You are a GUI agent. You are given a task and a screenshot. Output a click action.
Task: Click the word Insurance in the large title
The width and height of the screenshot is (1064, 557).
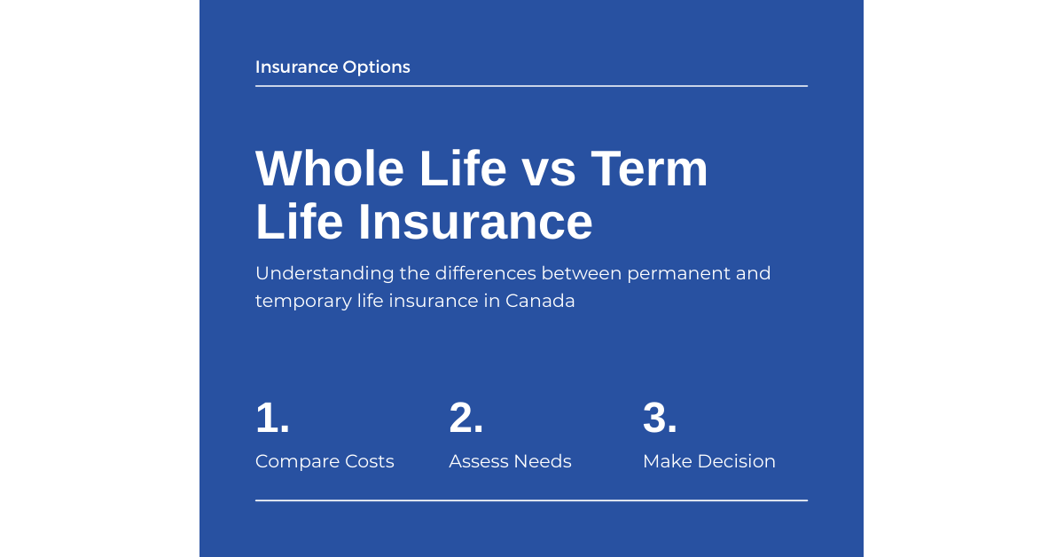click(475, 222)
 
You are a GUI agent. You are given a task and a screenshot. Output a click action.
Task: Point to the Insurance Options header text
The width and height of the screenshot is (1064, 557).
click(332, 67)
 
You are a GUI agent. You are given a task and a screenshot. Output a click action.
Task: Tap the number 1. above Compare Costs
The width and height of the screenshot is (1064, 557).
click(272, 418)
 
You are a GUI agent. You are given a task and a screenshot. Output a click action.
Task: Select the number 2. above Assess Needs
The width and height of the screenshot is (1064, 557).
click(466, 418)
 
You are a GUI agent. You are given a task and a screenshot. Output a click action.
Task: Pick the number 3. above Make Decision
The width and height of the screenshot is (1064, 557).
click(660, 418)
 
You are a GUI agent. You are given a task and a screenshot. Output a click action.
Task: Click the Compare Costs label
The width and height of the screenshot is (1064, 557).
click(325, 461)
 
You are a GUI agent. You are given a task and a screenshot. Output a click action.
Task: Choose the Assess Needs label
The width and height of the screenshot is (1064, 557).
click(510, 461)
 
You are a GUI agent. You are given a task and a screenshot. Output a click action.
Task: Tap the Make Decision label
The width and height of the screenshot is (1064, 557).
click(708, 461)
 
